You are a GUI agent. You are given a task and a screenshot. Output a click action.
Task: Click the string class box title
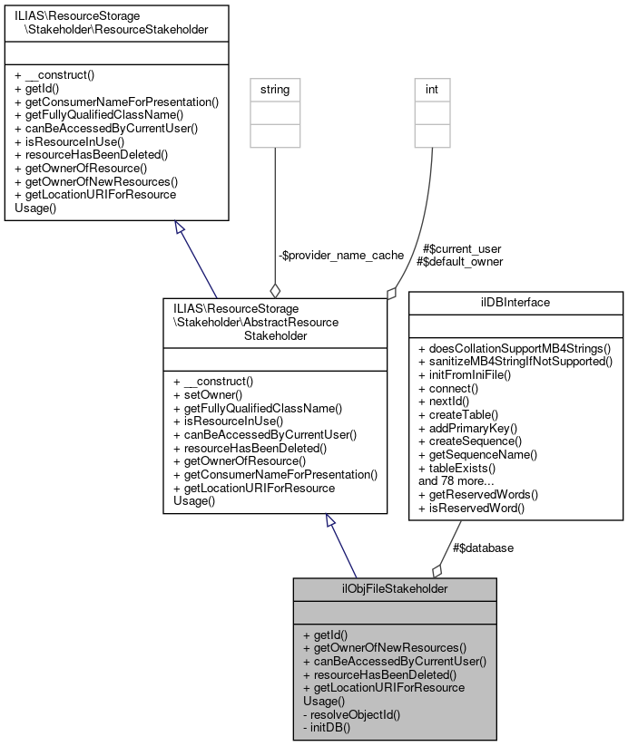pyautogui.click(x=275, y=90)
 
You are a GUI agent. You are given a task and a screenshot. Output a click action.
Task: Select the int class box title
pyautogui.click(x=431, y=90)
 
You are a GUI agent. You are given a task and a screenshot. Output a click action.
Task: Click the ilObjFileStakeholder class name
pyautogui.click(x=395, y=588)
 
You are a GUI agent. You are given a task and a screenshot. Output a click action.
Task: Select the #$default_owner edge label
pyautogui.click(x=459, y=261)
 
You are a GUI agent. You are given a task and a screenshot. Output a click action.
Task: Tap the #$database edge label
pyautogui.click(x=484, y=547)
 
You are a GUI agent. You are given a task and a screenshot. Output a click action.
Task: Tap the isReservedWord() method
pyautogui.click(x=472, y=507)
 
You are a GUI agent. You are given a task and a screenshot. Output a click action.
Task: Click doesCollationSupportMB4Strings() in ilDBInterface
pyautogui.click(x=515, y=348)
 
